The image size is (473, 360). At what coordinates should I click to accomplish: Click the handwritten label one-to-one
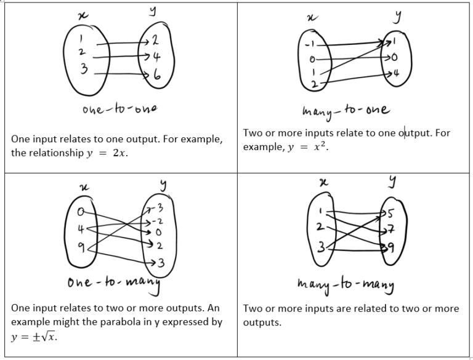119,109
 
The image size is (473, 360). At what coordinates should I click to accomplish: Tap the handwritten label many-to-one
346,111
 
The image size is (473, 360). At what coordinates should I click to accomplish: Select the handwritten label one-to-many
114,284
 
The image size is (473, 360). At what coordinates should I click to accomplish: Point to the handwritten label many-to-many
346,285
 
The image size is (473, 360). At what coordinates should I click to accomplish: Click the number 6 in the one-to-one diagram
157,74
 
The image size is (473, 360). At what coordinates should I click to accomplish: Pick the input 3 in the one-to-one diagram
84,69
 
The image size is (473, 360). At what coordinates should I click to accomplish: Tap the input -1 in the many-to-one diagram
310,45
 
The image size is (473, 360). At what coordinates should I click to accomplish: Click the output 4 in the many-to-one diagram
396,73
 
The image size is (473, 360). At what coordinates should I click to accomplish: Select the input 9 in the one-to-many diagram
81,247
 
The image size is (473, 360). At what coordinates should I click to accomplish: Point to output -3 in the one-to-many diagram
158,208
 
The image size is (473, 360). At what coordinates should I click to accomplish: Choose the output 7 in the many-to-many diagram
390,230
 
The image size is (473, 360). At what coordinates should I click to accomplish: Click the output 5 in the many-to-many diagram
390,213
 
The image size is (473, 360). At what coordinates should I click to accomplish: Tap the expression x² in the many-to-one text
320,146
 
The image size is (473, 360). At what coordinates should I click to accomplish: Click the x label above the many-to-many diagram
324,182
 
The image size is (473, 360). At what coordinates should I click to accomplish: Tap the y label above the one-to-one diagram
153,11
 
